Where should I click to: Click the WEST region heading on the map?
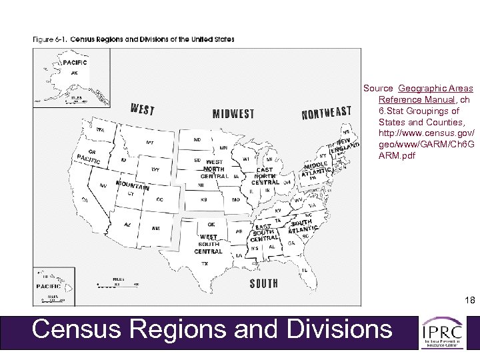[143, 109]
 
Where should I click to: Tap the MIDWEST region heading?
[233, 114]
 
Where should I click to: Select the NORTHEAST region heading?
[326, 113]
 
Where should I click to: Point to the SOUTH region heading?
[264, 283]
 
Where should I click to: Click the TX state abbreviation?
[205, 263]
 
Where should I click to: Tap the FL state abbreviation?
[305, 270]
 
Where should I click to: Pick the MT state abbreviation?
[149, 142]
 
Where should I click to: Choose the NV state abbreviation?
[103, 185]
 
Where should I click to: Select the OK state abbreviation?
[211, 224]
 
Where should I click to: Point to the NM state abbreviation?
[156, 228]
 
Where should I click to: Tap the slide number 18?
[471, 300]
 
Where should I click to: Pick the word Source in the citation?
[378, 88]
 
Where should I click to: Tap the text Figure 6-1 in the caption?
[49, 39]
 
